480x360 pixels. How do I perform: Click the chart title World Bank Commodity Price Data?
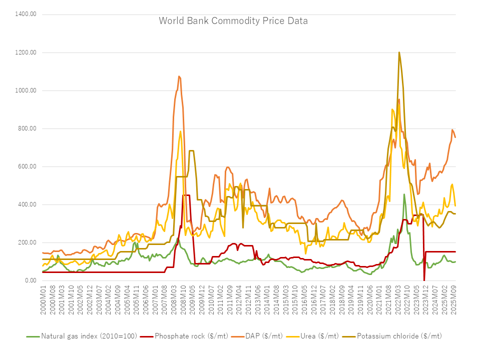tap(233, 21)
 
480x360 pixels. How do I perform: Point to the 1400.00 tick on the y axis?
tap(26, 14)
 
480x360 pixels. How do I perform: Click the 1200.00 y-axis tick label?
tap(26, 52)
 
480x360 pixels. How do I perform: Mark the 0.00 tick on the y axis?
tap(30, 280)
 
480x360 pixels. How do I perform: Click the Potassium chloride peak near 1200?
tap(399, 52)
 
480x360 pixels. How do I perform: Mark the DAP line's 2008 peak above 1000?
tap(179, 76)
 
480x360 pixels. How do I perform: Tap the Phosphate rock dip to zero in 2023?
tap(424, 279)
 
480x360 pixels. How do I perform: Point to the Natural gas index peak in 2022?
tap(404, 194)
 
